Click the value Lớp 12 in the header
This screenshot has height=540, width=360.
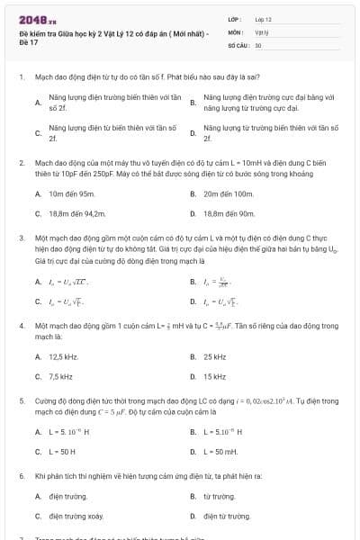coord(264,19)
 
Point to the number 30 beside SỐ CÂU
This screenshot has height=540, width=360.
coord(258,44)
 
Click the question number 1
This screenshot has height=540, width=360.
coord(21,78)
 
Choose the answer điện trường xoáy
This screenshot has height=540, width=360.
coord(73,517)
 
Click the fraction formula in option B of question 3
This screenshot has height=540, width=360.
coord(222,282)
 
